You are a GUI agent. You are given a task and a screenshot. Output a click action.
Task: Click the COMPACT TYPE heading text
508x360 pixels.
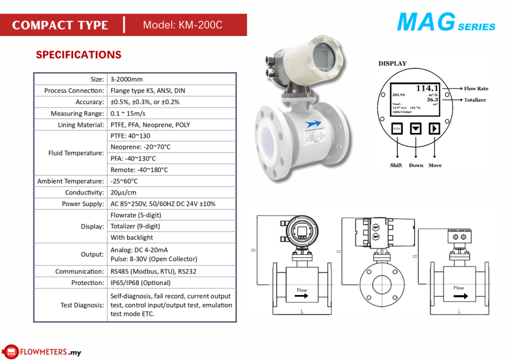pos(60,25)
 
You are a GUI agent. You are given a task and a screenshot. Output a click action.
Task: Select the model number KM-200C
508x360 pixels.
pos(183,25)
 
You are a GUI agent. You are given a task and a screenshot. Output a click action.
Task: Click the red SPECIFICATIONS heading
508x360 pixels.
pos(79,55)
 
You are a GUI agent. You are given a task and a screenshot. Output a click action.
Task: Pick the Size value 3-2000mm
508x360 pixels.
pos(127,79)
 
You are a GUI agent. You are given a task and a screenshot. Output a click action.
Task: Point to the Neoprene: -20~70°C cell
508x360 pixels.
pos(141,147)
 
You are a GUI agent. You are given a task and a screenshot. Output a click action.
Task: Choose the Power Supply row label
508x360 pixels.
pos(83,204)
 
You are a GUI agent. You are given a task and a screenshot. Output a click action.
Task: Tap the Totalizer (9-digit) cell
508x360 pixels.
pos(136,226)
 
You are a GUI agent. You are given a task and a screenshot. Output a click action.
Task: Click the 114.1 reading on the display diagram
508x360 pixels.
pos(427,88)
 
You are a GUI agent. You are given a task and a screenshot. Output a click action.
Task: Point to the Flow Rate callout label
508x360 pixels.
pos(475,89)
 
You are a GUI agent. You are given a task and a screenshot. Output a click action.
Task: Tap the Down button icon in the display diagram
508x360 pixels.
pos(416,128)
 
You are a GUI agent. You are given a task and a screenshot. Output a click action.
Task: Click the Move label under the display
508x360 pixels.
pos(435,165)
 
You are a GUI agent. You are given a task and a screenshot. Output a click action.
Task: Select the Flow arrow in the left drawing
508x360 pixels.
pos(302,296)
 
